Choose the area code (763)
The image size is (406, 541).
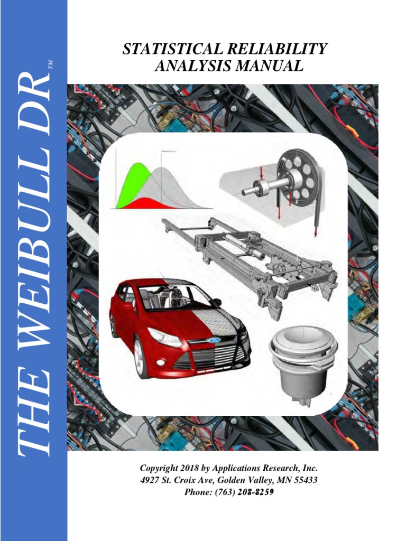218,492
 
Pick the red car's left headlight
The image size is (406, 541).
164,337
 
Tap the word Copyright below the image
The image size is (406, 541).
159,469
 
